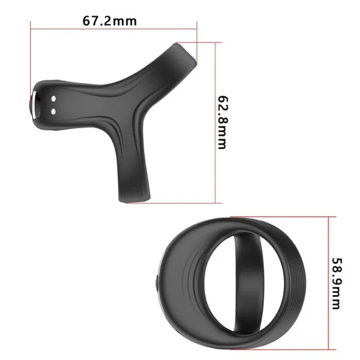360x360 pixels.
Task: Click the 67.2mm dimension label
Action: [110, 21]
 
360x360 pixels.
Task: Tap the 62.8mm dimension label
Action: [223, 122]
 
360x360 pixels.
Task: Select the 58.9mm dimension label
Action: [337, 283]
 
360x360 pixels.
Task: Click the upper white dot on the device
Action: [53, 99]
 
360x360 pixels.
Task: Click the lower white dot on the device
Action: [53, 112]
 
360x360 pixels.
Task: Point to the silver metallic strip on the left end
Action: [34, 105]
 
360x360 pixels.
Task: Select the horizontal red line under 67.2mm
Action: [113, 29]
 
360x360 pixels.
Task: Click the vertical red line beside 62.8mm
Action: [215, 122]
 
